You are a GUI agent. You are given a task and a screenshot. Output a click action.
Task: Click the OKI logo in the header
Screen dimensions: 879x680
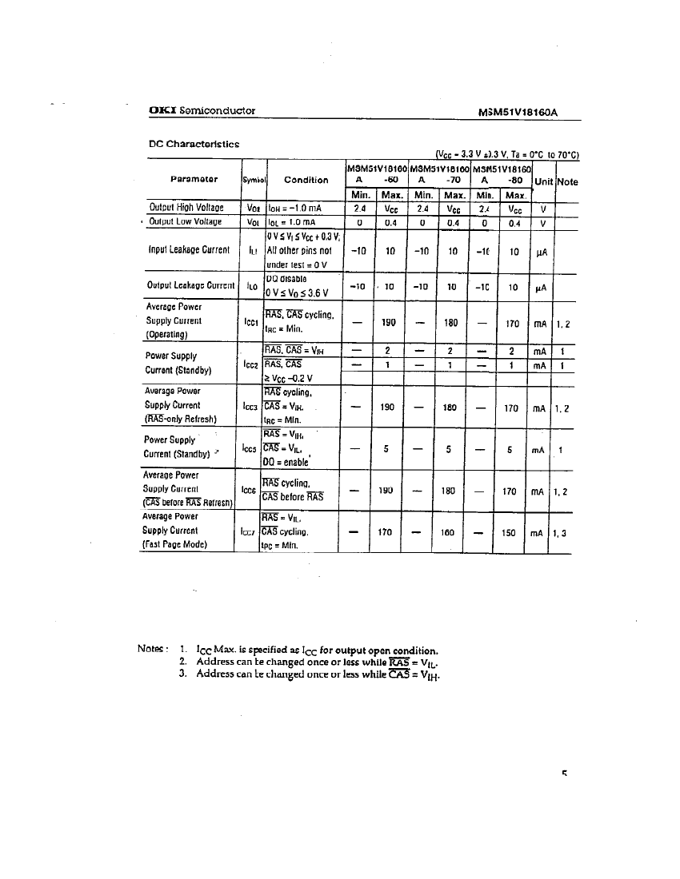[162, 110]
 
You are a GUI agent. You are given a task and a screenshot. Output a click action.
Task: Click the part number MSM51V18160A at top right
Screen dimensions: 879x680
[517, 112]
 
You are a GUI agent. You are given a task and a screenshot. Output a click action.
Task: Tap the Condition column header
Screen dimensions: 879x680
[306, 180]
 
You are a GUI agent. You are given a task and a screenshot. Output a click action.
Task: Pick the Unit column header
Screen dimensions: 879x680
[544, 181]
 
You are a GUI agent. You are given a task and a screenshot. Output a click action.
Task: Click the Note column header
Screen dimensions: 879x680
[567, 181]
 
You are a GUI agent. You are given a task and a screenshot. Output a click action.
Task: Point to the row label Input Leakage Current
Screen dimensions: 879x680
[189, 250]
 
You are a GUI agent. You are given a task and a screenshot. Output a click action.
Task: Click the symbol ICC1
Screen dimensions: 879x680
[250, 321]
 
